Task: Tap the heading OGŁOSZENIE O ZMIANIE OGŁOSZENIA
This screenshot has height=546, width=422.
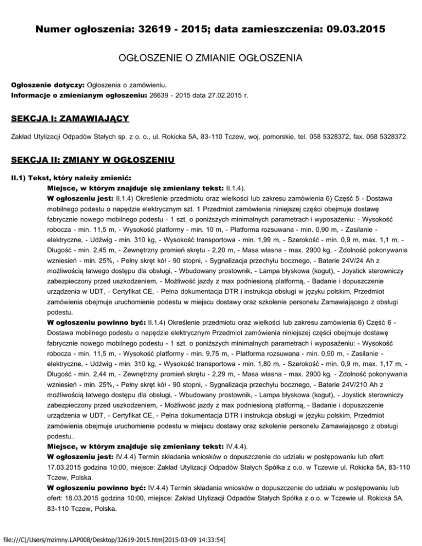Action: [x=210, y=58]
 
